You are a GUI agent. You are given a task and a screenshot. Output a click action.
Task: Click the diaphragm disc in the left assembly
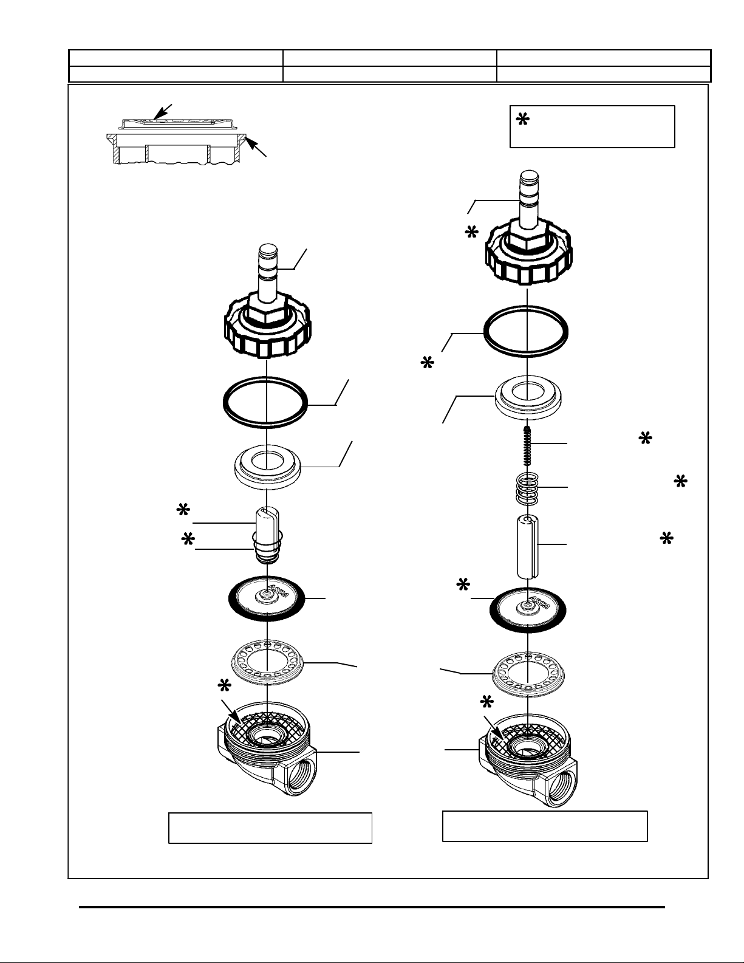click(x=268, y=599)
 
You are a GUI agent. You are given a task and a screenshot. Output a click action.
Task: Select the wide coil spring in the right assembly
click(x=528, y=488)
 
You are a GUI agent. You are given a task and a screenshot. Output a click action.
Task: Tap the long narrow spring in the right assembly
click(x=528, y=445)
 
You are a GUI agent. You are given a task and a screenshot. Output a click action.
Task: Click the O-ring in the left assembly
click(x=266, y=402)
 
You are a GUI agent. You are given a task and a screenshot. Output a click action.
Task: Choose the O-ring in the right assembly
click(x=526, y=331)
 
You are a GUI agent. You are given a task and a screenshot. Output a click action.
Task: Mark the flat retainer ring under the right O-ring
click(x=528, y=399)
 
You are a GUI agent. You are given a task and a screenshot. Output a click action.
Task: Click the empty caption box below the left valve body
click(x=270, y=828)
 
